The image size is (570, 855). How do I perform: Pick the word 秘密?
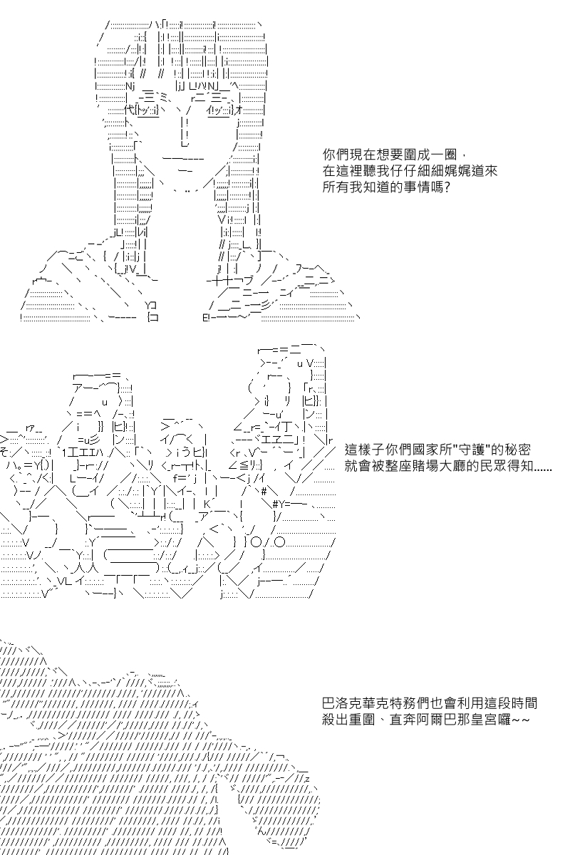(517, 450)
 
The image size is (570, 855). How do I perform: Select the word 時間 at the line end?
(524, 703)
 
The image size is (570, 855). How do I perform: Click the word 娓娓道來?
(471, 170)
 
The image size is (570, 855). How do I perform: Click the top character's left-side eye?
(147, 110)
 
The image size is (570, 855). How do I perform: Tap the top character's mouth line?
(183, 158)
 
